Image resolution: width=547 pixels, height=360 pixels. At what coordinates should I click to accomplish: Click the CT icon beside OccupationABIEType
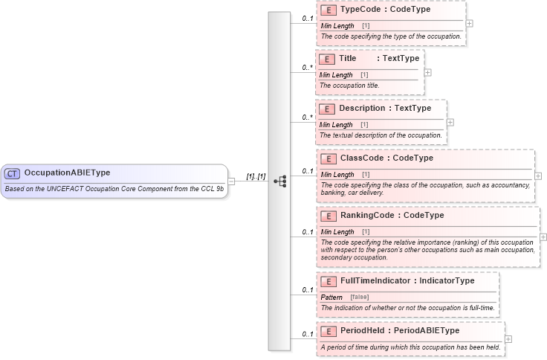[x=12, y=173]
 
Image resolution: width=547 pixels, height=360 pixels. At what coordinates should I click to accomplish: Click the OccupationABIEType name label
[x=67, y=173]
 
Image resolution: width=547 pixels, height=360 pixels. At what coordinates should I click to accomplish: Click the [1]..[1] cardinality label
[x=256, y=176]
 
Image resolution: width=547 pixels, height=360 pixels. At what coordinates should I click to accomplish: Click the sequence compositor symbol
[x=279, y=181]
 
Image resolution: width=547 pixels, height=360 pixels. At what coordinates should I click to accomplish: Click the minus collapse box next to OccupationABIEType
[x=231, y=181]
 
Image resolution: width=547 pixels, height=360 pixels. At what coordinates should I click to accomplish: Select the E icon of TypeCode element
[x=328, y=10]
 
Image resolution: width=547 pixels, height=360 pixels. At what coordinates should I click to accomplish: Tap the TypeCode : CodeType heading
[x=384, y=10]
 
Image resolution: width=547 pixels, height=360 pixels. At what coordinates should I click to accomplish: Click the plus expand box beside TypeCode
[x=469, y=24]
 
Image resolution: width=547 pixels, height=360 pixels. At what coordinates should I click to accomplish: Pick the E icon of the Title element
[x=326, y=58]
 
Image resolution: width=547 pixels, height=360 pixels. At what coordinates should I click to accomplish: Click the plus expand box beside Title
[x=427, y=73]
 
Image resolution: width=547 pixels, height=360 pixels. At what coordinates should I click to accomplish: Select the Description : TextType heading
[x=384, y=109]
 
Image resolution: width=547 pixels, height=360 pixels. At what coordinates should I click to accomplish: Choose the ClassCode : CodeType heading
[x=386, y=158]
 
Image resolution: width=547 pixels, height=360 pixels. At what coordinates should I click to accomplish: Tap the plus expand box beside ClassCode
[x=538, y=176]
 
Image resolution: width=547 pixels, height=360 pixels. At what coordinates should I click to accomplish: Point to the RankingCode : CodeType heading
[x=392, y=216]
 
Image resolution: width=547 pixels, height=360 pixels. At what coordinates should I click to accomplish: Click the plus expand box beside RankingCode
[x=543, y=237]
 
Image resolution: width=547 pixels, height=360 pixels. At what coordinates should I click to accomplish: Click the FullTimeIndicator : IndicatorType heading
[x=407, y=281]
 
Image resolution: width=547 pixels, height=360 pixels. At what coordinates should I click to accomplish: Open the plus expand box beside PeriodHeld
[x=508, y=339]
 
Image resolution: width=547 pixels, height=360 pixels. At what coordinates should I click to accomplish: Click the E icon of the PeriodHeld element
[x=328, y=331]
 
